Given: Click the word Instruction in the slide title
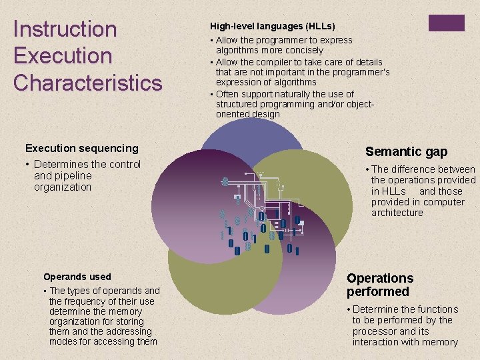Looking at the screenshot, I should (65, 29).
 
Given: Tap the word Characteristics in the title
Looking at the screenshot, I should (87, 83).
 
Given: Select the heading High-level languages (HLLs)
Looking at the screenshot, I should (272, 27).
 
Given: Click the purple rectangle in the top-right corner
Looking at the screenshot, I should (447, 23).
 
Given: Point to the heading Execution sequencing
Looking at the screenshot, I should (81, 148).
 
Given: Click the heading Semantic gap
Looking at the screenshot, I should (406, 152).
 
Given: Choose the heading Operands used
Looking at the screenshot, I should (77, 277).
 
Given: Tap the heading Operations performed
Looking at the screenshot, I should (380, 285).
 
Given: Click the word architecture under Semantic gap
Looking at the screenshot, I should (397, 213).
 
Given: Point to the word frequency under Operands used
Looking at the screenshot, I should (89, 301).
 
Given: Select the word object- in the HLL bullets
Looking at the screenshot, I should (357, 104).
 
